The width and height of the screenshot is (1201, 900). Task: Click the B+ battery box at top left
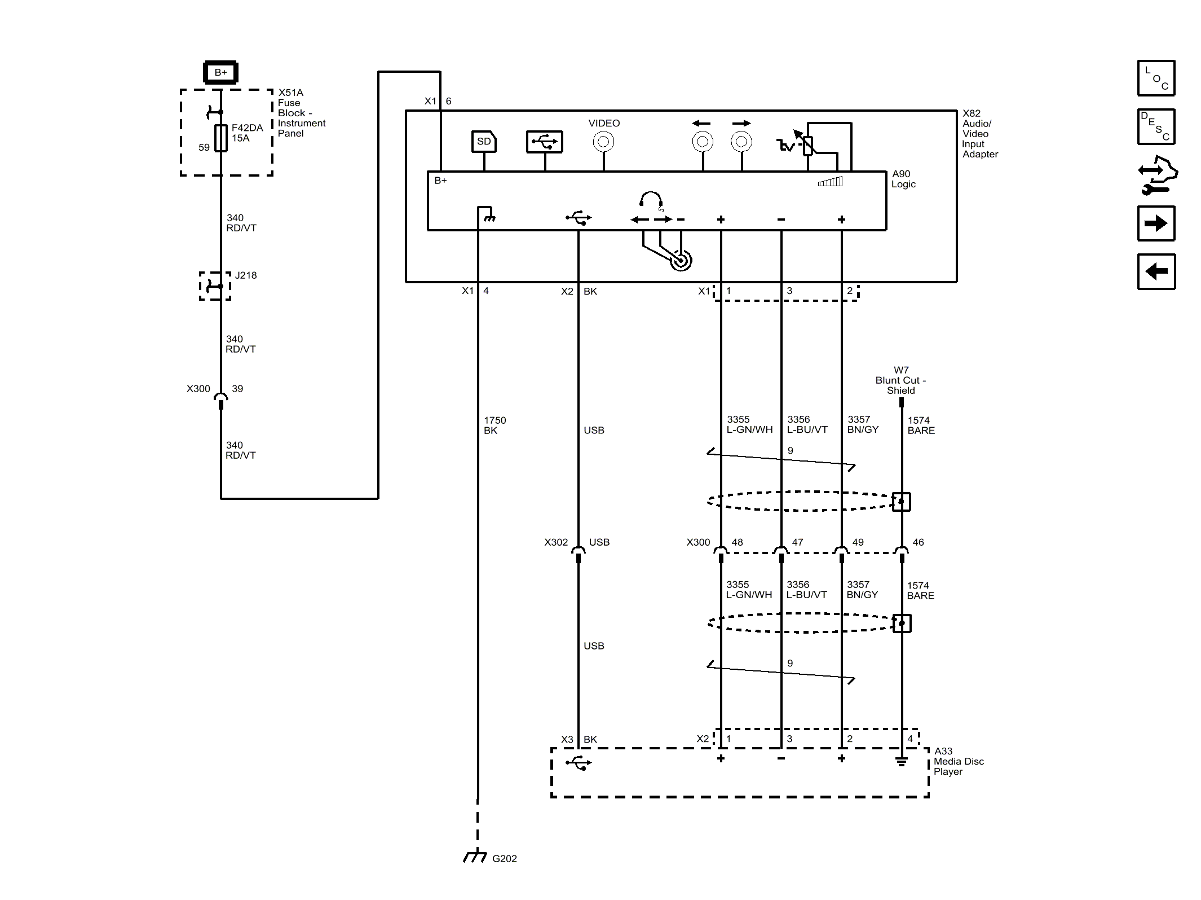(x=220, y=72)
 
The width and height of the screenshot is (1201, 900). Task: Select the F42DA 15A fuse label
(x=247, y=133)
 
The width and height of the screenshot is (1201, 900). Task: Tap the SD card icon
(x=484, y=142)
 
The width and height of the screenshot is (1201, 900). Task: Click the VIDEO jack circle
(x=603, y=142)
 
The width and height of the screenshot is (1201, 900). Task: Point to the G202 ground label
(x=504, y=858)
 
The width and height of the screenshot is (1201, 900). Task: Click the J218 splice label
(x=246, y=275)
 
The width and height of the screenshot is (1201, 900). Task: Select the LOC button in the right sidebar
(x=1156, y=78)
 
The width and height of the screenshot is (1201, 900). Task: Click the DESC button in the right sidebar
(x=1156, y=126)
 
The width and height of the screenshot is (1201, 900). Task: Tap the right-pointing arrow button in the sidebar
(x=1156, y=223)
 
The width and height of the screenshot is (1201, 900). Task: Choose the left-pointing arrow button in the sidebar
(x=1156, y=271)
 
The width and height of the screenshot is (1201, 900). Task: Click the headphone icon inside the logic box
(x=651, y=200)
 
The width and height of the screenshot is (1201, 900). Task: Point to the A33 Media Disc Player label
(x=959, y=761)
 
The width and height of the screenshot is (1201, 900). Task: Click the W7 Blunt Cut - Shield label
(x=900, y=380)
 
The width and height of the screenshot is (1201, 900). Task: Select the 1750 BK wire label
(x=494, y=425)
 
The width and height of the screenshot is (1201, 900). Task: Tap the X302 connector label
(x=556, y=542)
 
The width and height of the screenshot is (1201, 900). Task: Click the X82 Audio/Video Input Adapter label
(x=980, y=134)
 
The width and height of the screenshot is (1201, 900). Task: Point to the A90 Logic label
(x=903, y=179)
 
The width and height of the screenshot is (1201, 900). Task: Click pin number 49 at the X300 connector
(x=858, y=542)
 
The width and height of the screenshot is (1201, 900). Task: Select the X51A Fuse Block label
(x=302, y=113)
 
